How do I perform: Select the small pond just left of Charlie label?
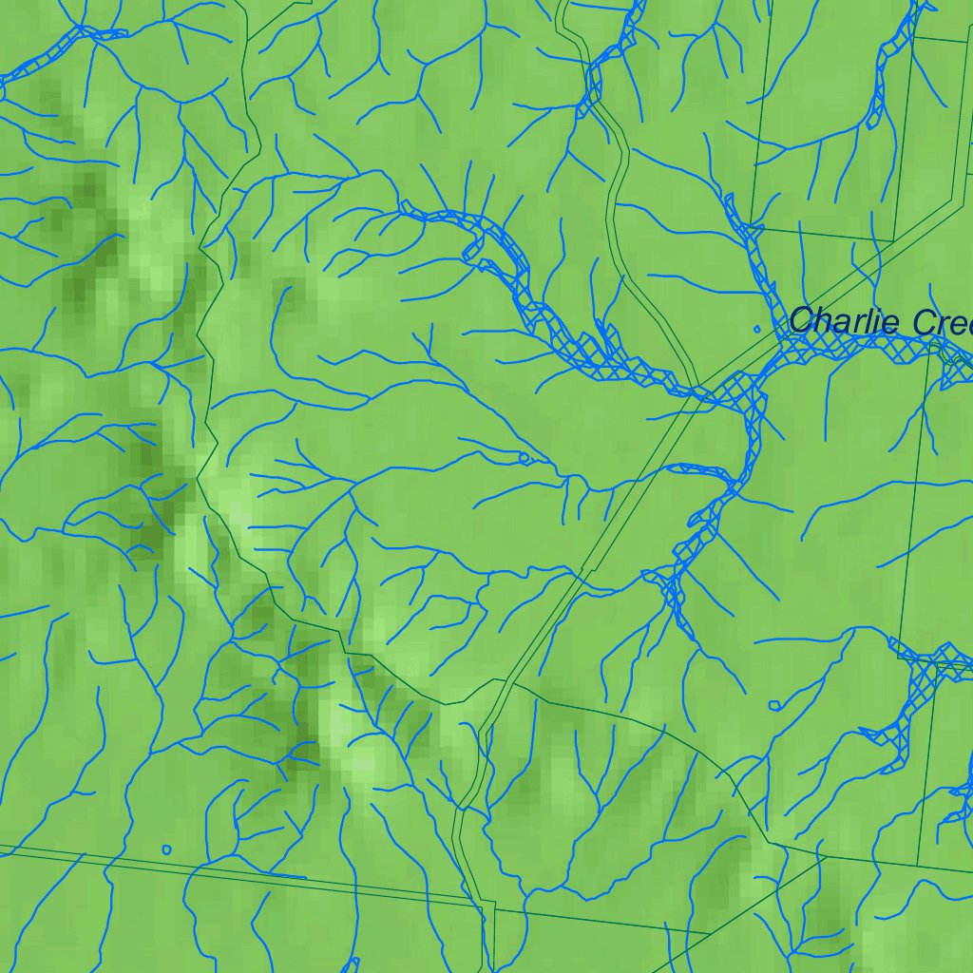(757, 329)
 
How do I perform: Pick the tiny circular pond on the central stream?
(524, 457)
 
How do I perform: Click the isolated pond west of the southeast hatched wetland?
(774, 705)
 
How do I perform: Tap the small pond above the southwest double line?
(167, 849)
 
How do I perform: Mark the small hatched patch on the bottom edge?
(351, 965)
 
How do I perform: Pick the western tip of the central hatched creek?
(404, 209)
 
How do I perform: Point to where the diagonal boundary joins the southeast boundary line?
(819, 857)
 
